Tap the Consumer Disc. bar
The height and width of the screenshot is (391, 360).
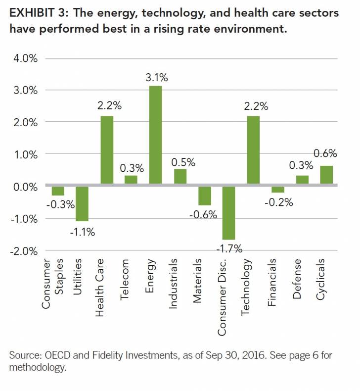228,212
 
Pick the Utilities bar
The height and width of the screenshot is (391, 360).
83,203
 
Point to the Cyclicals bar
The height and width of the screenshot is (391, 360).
326,175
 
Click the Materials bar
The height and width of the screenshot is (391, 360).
204,195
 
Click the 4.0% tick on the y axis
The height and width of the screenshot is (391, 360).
25,59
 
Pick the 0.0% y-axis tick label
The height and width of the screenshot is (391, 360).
25,187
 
